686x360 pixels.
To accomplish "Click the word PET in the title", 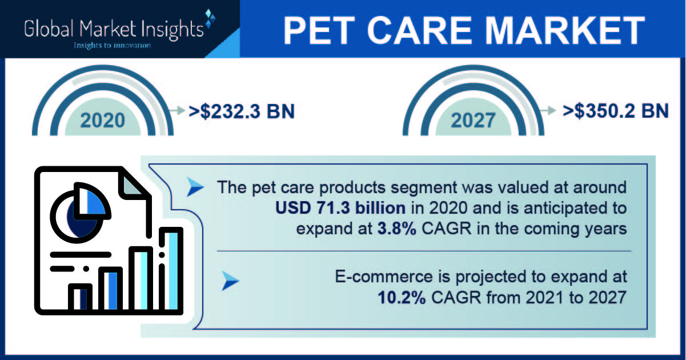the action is pos(319,31).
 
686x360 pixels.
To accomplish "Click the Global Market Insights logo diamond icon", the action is pos(210,18).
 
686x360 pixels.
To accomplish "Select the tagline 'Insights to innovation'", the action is pos(113,45).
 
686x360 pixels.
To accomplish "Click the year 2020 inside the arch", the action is pos(103,120).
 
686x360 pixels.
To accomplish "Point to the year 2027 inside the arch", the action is pos(473,120).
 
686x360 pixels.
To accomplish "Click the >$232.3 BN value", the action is pos(242,111).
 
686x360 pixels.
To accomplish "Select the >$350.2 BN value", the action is pos(616,111).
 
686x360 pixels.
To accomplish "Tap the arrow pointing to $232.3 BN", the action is pos(176,110).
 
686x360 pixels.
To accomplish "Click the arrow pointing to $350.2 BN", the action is pos(548,110).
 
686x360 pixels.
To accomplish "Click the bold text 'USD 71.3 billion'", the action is pos(340,208).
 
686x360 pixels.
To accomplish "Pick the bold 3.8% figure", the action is pos(396,229).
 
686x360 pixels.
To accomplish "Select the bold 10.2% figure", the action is pos(402,297).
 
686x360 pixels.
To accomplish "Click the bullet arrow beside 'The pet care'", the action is pos(195,187).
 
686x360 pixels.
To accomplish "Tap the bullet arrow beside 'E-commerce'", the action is pos(230,281).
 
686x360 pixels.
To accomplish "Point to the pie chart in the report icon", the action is pos(79,213).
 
